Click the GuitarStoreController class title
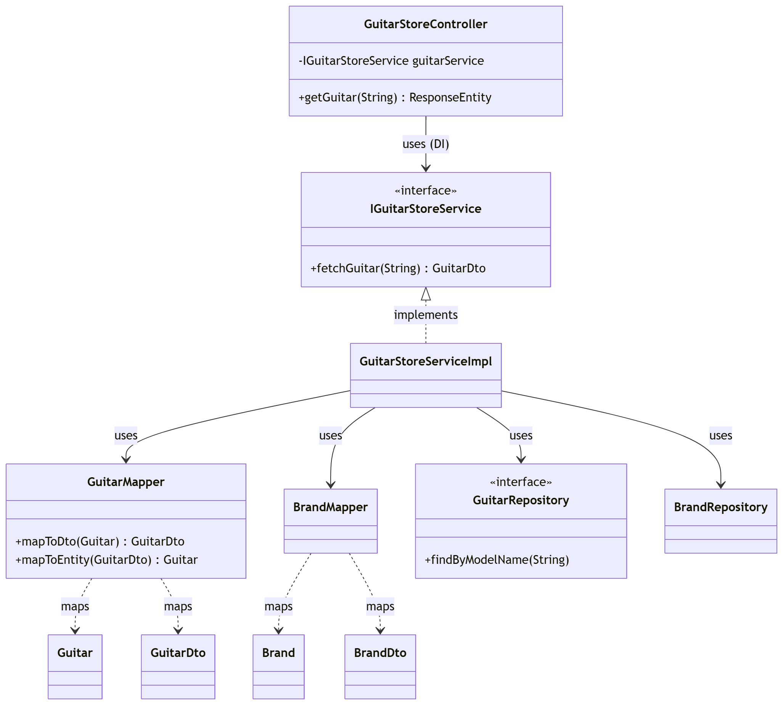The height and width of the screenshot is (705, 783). tap(425, 24)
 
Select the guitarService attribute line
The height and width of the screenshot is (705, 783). tap(391, 61)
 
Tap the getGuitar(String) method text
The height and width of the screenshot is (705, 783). tap(395, 97)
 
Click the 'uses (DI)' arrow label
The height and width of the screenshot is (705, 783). tap(425, 144)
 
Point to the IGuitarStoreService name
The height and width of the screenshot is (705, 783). tap(425, 209)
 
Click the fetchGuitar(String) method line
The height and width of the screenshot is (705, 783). tap(398, 268)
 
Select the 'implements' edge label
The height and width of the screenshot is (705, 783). tap(425, 314)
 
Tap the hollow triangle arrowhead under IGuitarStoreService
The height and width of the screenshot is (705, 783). tap(426, 294)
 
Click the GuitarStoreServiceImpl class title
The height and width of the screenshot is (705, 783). tap(425, 361)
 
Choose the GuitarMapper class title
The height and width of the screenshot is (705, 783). tap(126, 481)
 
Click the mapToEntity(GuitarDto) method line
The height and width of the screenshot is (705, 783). tap(106, 559)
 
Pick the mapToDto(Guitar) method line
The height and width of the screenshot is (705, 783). tap(100, 541)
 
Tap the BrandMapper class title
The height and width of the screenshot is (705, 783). tap(330, 507)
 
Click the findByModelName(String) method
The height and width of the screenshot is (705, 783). tap(497, 559)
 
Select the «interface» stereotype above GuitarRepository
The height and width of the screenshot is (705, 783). tap(521, 481)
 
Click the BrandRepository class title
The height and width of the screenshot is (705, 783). tap(720, 507)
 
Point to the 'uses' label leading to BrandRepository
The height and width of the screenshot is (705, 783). tap(720, 435)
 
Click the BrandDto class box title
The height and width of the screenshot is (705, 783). tap(380, 653)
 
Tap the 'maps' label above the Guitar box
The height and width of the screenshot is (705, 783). tap(75, 606)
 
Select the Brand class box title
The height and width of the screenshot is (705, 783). tap(278, 653)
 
